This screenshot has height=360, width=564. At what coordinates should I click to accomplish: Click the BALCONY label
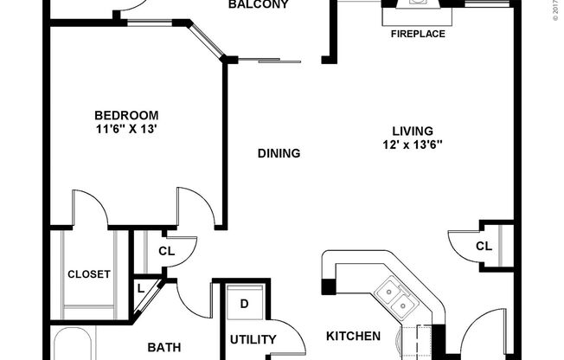(x=257, y=5)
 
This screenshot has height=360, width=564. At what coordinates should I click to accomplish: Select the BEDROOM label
(x=126, y=115)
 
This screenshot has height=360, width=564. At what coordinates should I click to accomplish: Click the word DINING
(x=279, y=154)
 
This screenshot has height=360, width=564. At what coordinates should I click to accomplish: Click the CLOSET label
(x=89, y=274)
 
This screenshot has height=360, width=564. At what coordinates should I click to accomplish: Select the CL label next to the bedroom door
(x=166, y=252)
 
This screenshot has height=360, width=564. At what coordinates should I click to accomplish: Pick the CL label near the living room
(x=484, y=247)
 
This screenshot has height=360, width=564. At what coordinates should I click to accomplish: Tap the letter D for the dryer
(x=244, y=304)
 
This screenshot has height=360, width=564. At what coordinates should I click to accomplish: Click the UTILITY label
(x=253, y=339)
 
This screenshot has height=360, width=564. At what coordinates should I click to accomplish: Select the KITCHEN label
(x=353, y=336)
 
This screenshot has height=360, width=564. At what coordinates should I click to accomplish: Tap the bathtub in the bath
(x=78, y=344)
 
